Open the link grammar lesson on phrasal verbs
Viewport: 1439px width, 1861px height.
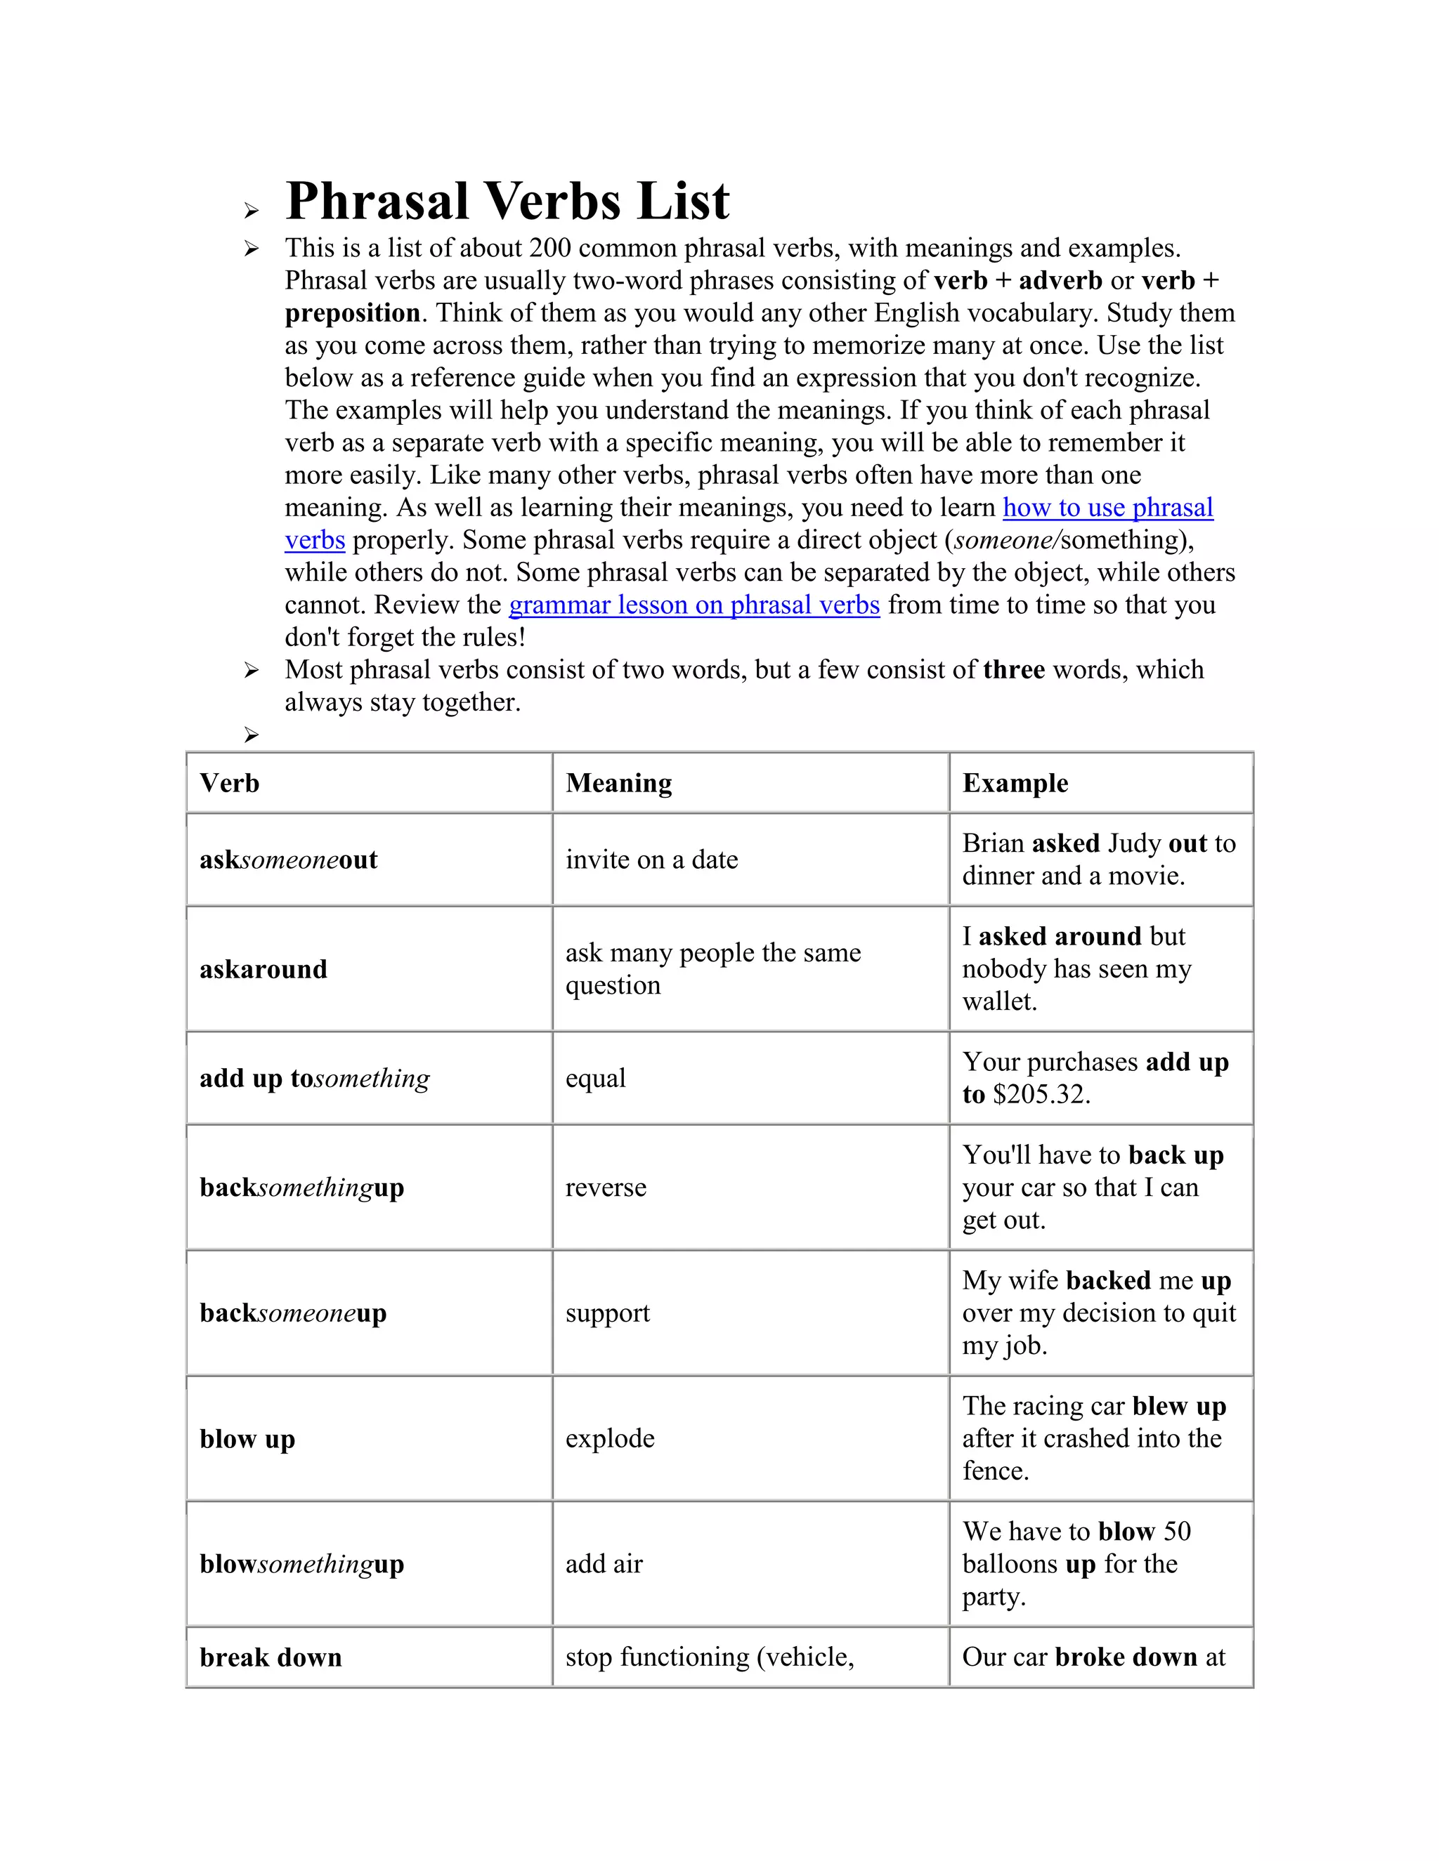click(694, 605)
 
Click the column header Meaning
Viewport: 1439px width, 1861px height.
click(619, 783)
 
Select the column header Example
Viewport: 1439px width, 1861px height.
click(1015, 783)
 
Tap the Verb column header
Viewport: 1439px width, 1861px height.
click(229, 783)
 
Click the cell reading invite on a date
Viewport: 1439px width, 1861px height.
click(651, 860)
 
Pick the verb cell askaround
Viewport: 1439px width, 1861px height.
click(263, 970)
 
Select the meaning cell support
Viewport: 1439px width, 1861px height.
click(607, 1313)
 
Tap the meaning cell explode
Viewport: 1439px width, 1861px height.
click(609, 1438)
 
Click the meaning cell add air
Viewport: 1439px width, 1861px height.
click(604, 1565)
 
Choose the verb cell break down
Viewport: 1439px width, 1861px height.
click(271, 1657)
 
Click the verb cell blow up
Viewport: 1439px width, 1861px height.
click(247, 1439)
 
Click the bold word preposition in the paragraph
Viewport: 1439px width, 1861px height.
click(352, 314)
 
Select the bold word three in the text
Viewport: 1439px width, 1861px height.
click(1014, 670)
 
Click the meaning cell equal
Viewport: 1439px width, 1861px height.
click(595, 1079)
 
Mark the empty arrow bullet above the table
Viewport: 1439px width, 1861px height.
click(251, 735)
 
